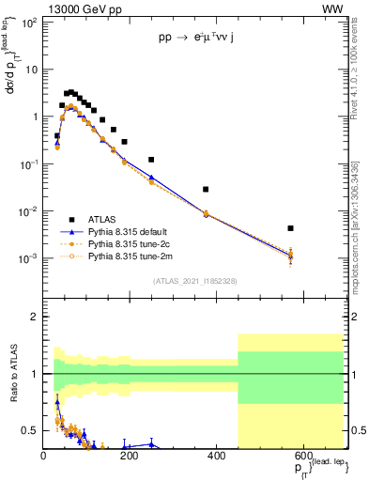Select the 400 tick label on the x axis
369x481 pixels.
point(217,456)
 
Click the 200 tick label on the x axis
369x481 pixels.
point(131,456)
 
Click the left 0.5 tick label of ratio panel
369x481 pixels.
point(32,430)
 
